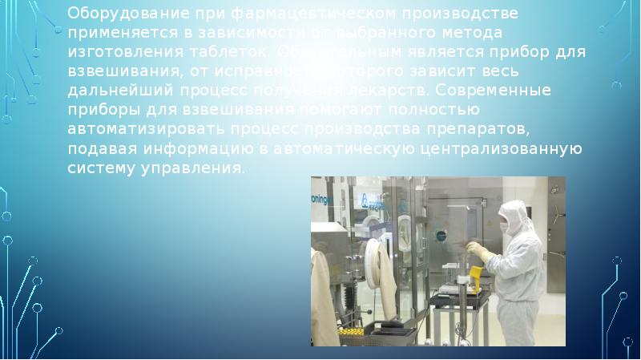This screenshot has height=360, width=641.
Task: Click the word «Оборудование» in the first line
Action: [x=119, y=14]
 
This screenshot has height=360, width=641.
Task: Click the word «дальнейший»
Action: [x=118, y=91]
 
